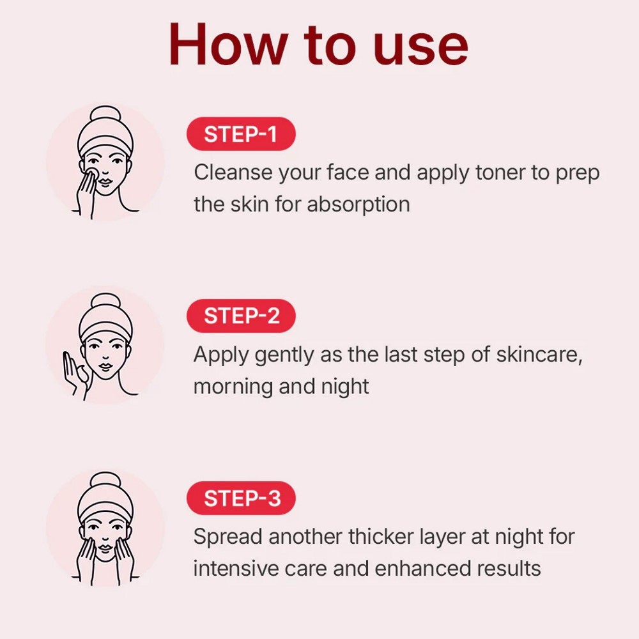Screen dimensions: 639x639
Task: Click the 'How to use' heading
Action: [x=318, y=45]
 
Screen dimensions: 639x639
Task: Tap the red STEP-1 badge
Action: [x=241, y=134]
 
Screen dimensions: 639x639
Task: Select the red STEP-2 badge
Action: [x=241, y=316]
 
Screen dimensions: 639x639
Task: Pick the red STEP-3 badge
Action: [x=241, y=498]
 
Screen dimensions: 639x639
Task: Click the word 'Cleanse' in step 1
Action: [x=233, y=173]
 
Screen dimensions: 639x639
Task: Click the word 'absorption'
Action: [x=358, y=204]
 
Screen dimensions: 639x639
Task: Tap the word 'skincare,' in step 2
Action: [x=539, y=355]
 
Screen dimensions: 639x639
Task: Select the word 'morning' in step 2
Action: [x=233, y=387]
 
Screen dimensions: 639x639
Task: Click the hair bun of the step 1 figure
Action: [x=105, y=115]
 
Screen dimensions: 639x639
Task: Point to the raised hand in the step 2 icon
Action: [x=73, y=370]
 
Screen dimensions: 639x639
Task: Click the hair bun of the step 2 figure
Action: [x=105, y=302]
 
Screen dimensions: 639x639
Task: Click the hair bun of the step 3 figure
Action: [x=105, y=481]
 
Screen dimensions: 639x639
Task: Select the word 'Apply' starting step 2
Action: [x=220, y=355]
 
